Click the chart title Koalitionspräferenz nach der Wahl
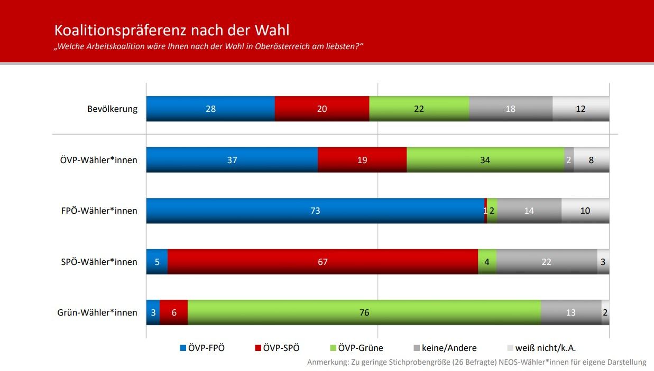[172, 30]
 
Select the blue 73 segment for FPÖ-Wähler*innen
[315, 211]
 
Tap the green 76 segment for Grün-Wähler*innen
[364, 312]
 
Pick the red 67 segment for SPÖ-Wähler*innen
[323, 262]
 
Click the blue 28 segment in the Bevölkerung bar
[210, 109]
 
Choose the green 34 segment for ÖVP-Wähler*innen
[485, 160]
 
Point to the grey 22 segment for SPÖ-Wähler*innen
[546, 262]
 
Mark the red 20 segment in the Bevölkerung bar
[321, 109]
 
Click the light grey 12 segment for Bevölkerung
[581, 109]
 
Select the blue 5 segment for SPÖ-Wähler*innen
[156, 262]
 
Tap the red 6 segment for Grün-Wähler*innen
[173, 312]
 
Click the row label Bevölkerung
[112, 109]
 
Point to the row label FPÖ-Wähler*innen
[99, 211]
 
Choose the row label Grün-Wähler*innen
[97, 313]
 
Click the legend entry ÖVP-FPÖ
[206, 348]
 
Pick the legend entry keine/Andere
[449, 348]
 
